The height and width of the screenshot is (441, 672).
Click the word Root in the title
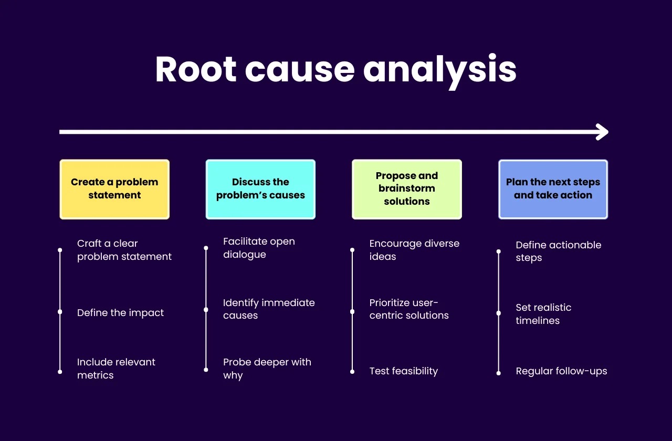click(196, 69)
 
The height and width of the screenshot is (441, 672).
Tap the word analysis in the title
click(440, 70)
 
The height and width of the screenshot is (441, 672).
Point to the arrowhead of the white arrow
click(603, 132)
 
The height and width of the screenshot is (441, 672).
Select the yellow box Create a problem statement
click(114, 189)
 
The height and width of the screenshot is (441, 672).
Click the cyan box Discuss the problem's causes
click(260, 189)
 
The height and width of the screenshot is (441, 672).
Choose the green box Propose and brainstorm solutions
click(407, 189)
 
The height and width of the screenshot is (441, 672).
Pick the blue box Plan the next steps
click(553, 189)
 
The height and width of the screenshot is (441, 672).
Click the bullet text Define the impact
click(120, 313)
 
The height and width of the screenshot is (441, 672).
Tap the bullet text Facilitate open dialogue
click(259, 248)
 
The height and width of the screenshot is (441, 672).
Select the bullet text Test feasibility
click(403, 371)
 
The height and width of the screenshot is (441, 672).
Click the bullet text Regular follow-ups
click(561, 371)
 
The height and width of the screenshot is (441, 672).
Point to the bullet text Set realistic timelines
click(543, 314)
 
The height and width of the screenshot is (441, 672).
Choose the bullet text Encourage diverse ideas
click(414, 250)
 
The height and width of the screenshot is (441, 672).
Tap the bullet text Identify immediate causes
click(269, 309)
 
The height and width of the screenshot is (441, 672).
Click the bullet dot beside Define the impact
click(60, 312)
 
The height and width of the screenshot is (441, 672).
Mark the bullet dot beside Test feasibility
click(352, 372)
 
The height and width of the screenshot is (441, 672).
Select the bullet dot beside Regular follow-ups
click(498, 372)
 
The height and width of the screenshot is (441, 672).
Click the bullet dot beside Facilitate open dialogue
click(206, 248)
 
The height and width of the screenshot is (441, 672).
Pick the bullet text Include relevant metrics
click(116, 369)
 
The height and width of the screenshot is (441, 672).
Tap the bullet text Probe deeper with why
click(267, 369)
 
